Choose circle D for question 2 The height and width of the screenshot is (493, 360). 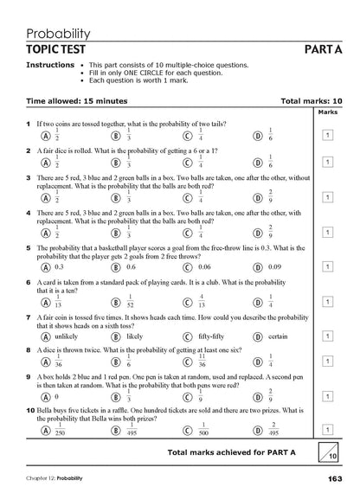click(257, 162)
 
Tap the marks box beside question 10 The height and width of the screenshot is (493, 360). click(328, 427)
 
